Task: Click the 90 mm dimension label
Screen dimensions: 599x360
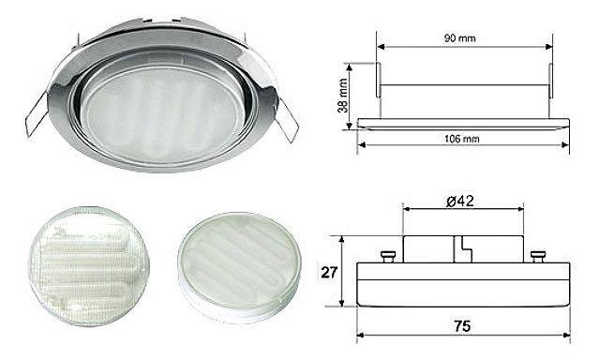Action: tap(459, 37)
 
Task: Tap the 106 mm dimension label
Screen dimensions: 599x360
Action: tap(461, 139)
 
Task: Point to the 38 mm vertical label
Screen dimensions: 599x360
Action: tap(343, 96)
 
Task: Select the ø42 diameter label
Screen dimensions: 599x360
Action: tap(460, 201)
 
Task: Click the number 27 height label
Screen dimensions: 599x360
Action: tap(329, 273)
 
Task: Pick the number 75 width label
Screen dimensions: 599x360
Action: tap(462, 326)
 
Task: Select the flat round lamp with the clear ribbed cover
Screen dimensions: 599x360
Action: tap(89, 266)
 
